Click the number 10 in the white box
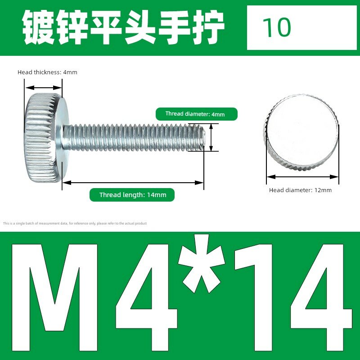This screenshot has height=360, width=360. (277, 27)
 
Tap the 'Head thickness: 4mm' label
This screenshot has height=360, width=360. (47, 72)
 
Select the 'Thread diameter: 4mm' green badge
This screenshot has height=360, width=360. (197, 114)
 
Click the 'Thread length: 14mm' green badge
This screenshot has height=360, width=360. (132, 195)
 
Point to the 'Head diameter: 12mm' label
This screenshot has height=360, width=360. (300, 190)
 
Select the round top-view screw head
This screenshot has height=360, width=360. (300, 132)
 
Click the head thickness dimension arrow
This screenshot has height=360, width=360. (43, 88)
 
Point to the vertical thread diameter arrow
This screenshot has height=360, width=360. (211, 137)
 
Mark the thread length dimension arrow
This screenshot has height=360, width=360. (133, 183)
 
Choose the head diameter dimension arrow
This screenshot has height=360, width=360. (302, 177)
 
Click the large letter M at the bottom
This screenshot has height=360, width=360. (55, 297)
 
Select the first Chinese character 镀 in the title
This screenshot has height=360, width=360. (39, 27)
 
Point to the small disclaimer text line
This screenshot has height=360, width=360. (75, 223)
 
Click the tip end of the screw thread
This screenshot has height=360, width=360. (204, 137)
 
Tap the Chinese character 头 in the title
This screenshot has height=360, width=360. (140, 27)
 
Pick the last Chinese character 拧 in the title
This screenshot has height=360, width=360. (208, 27)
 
